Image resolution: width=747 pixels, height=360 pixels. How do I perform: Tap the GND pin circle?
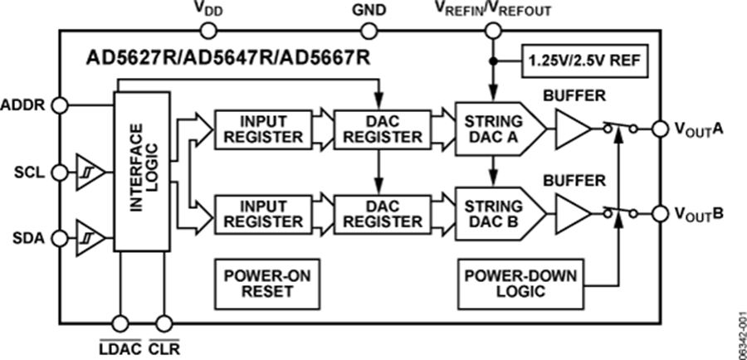pyautogui.click(x=367, y=32)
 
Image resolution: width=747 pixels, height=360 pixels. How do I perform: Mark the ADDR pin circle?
pyautogui.click(x=58, y=105)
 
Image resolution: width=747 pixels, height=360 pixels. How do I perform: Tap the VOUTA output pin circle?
pyautogui.click(x=660, y=129)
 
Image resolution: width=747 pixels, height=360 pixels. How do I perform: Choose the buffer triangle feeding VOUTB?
pyautogui.click(x=574, y=213)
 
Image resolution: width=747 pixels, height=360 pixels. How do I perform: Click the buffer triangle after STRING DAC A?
pyautogui.click(x=574, y=129)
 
